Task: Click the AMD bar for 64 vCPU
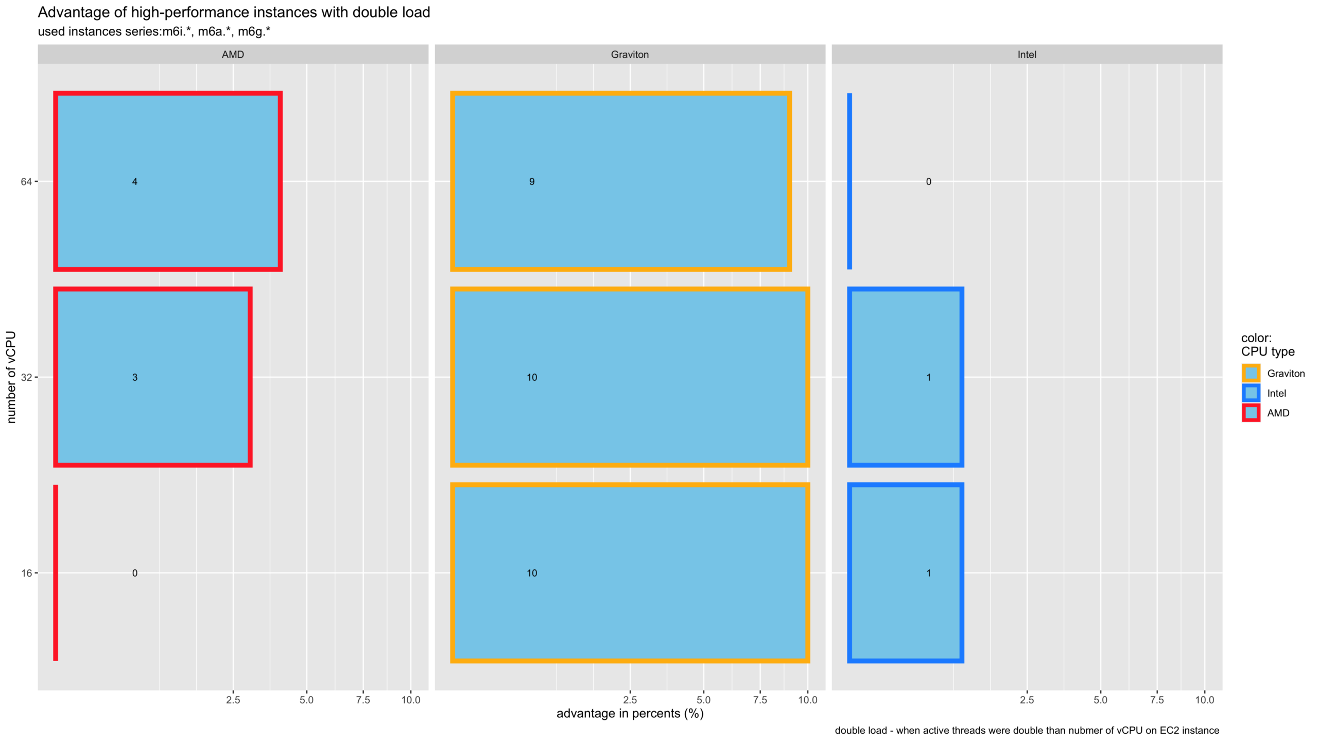168,181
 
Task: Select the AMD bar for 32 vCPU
153,377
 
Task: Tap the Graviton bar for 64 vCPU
620,181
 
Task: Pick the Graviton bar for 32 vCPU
630,377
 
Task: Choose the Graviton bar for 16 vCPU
630,572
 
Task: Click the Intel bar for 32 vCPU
905,377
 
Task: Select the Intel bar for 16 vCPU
905,572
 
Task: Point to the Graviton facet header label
630,55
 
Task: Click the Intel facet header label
1027,55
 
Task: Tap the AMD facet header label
233,55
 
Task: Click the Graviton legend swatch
1251,373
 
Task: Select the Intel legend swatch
1251,393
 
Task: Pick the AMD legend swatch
1251,413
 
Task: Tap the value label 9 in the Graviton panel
532,181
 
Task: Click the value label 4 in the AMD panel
135,181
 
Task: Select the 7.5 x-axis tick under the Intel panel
1157,700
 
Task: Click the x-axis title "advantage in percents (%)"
630,714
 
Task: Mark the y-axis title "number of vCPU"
11,377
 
